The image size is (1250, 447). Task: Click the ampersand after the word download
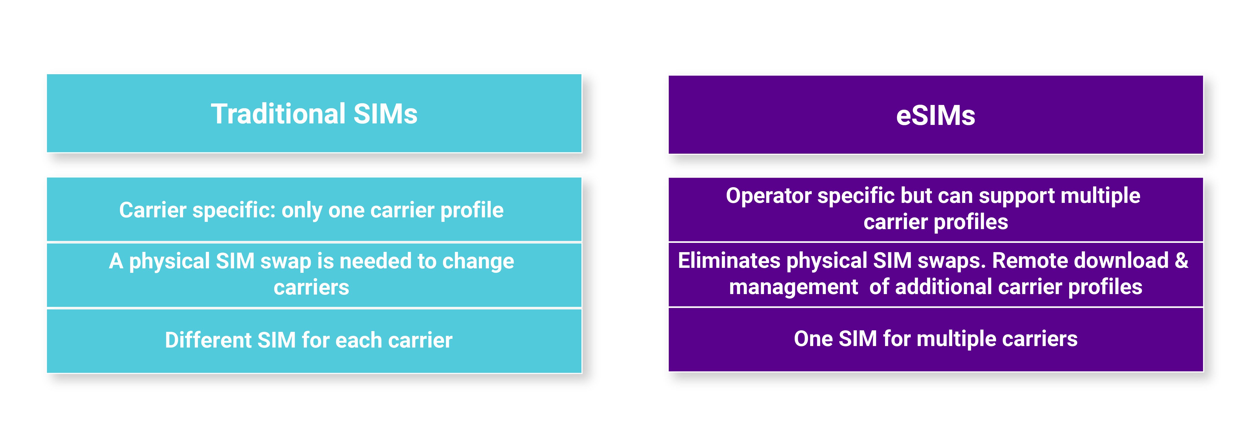pyautogui.click(x=1181, y=261)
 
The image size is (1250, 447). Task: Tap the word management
pyautogui.click(x=793, y=287)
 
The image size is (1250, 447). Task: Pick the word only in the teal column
pyautogui.click(x=302, y=210)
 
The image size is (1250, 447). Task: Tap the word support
pyautogui.click(x=1016, y=196)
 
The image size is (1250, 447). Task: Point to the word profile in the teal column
pyautogui.click(x=472, y=210)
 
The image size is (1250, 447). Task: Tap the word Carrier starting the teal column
pyautogui.click(x=152, y=210)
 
